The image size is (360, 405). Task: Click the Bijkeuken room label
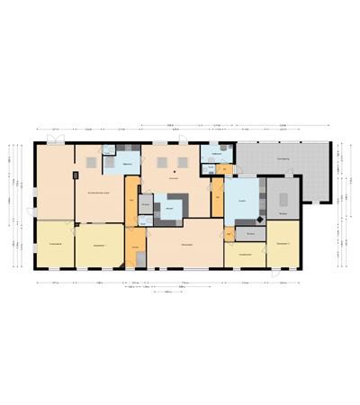tap(128, 164)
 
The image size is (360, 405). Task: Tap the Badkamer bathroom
tap(216, 155)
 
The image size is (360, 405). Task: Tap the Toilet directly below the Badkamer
tap(210, 167)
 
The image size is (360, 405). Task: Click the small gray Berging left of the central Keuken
tap(145, 206)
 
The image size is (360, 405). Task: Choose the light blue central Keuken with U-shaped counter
tap(169, 209)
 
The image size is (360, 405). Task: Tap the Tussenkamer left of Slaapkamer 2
tap(243, 255)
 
